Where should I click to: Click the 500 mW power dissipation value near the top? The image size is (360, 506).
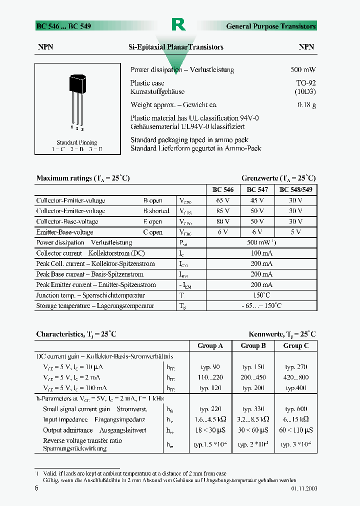[303, 70]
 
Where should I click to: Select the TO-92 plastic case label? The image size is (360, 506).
[305, 83]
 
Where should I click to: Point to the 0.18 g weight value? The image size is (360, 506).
[306, 105]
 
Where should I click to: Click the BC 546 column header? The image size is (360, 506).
[222, 190]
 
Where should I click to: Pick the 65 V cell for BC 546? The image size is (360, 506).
[222, 200]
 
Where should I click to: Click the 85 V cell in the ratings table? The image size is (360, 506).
[222, 211]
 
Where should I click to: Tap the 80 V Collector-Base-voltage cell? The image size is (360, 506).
[222, 221]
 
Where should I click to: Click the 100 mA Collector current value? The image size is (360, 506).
[261, 253]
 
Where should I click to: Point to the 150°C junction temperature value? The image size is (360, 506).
[261, 295]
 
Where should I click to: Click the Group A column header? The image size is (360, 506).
[210, 345]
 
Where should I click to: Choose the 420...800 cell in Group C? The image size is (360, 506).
[296, 377]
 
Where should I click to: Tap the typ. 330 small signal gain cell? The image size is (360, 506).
[253, 409]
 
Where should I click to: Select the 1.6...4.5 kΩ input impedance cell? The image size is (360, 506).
[210, 419]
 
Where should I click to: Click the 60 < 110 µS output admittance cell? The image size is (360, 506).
[296, 430]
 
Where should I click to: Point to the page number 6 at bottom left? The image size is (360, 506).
[36, 488]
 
